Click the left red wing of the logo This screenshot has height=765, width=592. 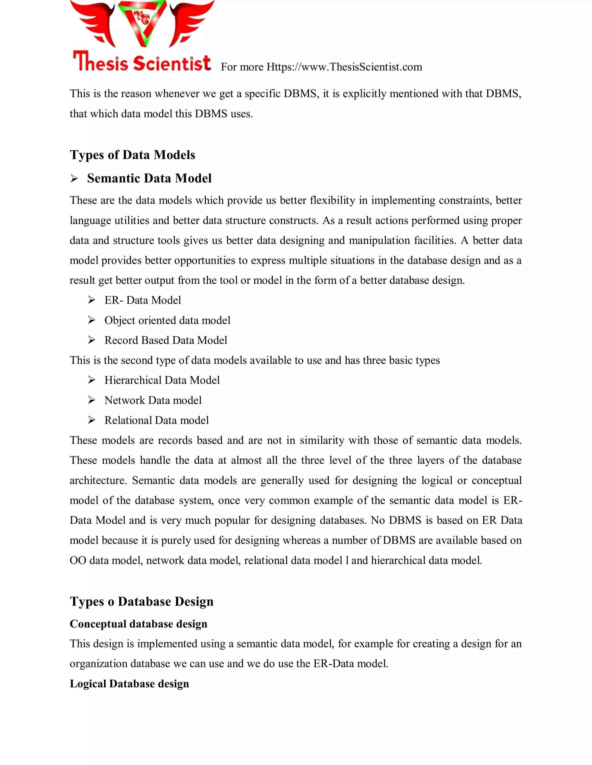(95, 21)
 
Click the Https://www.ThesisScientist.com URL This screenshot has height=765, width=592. (344, 67)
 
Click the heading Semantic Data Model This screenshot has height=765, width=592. (149, 178)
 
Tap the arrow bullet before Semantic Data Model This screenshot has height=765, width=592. (74, 179)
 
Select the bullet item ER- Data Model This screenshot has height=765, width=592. (143, 300)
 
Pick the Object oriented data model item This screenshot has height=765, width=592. (167, 320)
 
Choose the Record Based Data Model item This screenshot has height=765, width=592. (166, 340)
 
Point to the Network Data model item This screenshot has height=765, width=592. (153, 400)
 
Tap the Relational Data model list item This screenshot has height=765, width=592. (156, 420)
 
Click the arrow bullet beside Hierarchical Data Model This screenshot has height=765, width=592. (92, 380)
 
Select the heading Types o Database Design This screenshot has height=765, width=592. (141, 601)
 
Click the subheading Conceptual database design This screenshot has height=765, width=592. (138, 624)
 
